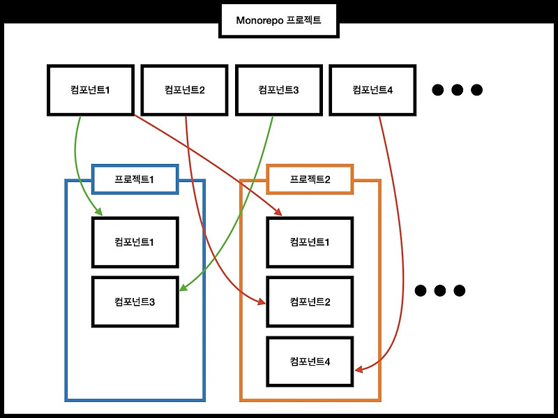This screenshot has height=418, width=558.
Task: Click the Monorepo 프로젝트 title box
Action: [279, 20]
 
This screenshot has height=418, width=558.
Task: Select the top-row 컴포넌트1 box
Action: [90, 89]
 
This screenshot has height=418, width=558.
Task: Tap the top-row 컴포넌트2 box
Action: [184, 89]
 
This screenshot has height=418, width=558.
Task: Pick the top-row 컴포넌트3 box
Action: [278, 89]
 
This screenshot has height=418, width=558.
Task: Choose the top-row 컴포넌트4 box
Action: [372, 89]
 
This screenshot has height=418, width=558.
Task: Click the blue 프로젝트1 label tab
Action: [135, 179]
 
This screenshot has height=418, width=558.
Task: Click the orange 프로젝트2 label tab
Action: [310, 179]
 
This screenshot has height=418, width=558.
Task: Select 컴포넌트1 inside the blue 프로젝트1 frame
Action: [135, 242]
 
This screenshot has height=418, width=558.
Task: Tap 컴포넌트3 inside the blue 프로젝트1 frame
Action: [135, 302]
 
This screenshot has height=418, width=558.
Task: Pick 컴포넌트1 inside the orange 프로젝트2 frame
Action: [310, 242]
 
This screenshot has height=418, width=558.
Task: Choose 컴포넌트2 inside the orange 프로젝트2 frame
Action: [310, 302]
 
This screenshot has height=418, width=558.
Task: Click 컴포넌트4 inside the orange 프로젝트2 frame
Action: [310, 361]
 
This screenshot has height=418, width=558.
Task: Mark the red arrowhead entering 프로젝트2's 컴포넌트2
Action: [262, 302]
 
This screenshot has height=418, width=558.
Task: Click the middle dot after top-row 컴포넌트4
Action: [458, 90]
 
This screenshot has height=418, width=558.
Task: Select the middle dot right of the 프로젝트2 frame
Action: [439, 290]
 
